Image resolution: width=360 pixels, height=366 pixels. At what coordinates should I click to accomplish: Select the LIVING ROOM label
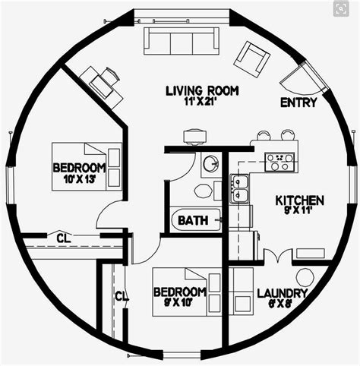202,91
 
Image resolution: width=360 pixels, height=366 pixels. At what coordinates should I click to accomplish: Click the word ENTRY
298,103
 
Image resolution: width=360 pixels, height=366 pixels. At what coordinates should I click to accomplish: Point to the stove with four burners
279,161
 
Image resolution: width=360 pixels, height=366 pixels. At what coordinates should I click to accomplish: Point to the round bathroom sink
210,163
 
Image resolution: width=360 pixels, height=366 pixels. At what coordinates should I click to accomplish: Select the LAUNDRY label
283,293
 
